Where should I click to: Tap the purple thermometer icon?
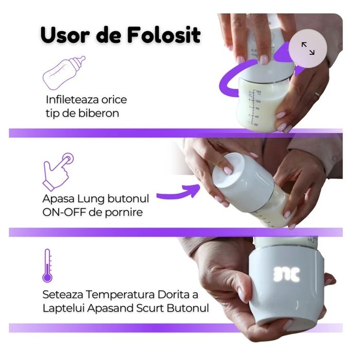(47, 265)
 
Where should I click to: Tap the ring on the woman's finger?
(317, 95)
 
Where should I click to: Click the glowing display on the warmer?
(286, 274)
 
